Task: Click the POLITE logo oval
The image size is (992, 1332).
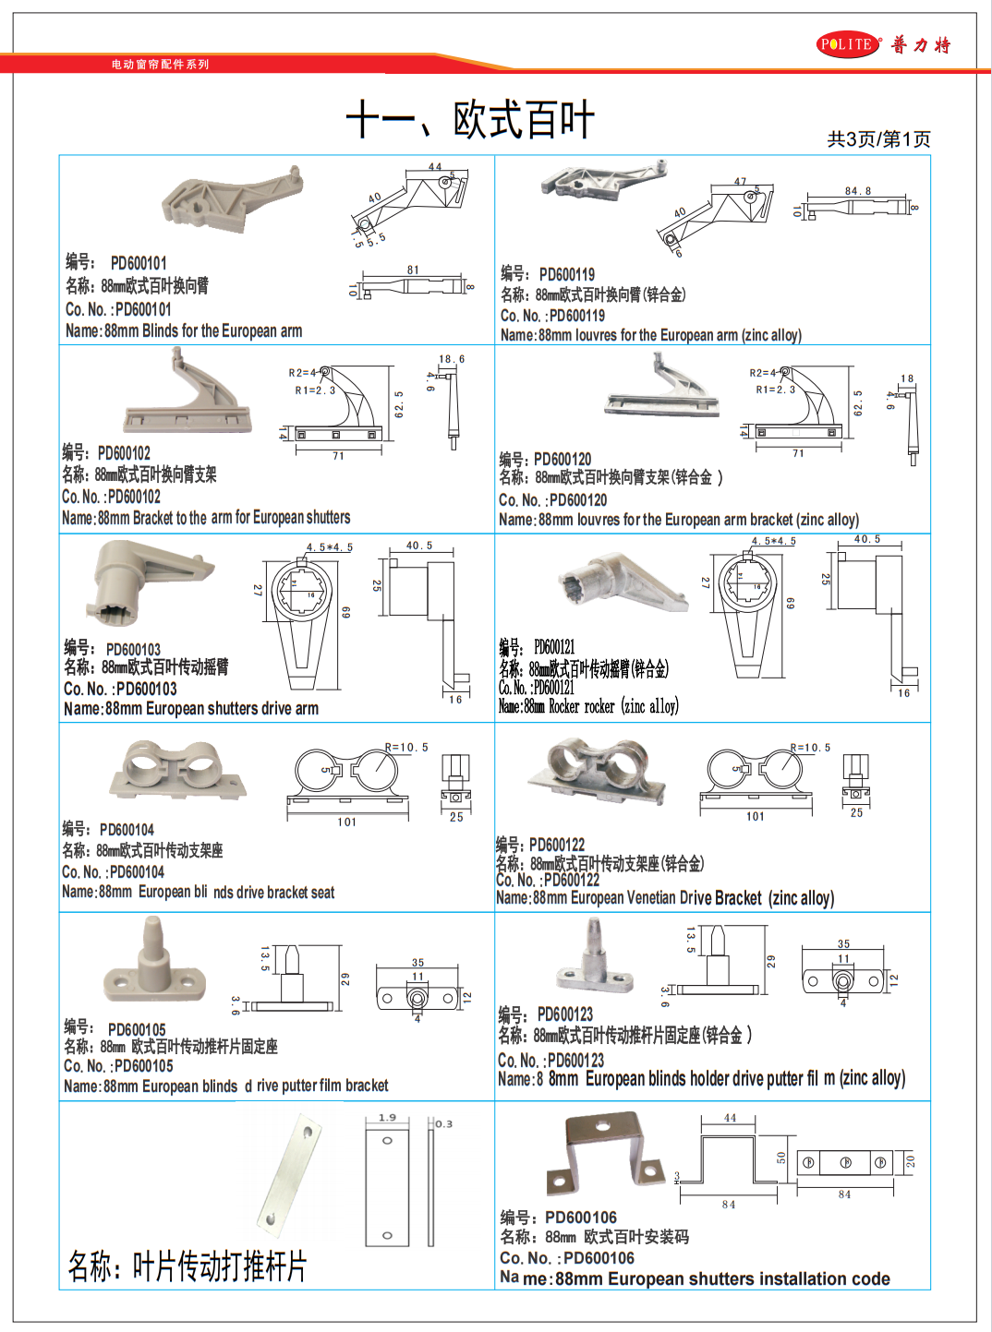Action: [848, 44]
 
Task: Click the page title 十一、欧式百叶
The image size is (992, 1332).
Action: [469, 120]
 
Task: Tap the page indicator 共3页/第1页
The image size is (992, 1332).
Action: [878, 139]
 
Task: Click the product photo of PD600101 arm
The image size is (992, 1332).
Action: [230, 200]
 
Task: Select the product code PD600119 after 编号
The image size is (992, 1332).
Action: [566, 274]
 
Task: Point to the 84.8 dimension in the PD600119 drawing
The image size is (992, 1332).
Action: [857, 191]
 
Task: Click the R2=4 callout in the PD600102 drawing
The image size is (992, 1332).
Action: [302, 373]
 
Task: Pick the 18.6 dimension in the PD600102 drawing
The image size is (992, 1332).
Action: [452, 359]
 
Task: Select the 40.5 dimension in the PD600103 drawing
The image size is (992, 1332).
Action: [419, 546]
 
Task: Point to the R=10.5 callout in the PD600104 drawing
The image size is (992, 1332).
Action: [406, 748]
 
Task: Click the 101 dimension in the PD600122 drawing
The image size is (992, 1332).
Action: [756, 816]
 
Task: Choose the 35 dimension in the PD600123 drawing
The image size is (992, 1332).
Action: [843, 944]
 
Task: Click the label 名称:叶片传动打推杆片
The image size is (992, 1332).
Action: [187, 1266]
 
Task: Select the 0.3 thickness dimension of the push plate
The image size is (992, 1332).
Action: [443, 1123]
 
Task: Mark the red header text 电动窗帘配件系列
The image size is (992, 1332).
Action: [161, 65]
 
